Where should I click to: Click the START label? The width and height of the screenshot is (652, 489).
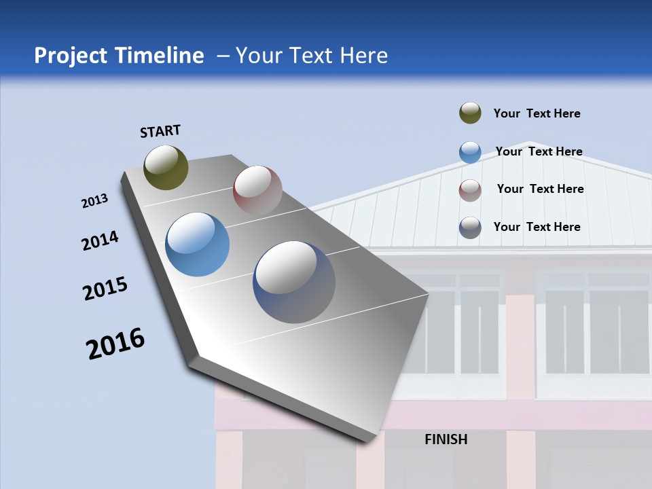[160, 130]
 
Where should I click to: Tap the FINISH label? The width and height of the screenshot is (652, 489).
[446, 439]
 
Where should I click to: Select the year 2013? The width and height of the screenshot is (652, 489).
[94, 201]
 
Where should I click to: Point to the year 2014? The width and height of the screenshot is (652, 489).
[100, 241]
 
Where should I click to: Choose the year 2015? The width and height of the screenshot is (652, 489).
[105, 289]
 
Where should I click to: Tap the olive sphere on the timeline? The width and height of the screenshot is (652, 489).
[166, 167]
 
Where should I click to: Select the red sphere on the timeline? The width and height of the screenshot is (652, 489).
[257, 189]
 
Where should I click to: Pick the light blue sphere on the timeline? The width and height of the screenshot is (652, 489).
[198, 244]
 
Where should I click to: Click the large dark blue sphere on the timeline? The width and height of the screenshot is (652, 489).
[294, 282]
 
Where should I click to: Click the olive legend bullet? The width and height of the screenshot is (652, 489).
[470, 113]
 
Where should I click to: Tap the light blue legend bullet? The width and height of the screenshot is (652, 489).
[470, 152]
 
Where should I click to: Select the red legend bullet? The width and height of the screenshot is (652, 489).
[470, 190]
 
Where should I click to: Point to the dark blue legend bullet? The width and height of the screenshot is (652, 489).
[470, 228]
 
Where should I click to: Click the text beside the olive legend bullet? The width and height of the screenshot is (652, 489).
[537, 113]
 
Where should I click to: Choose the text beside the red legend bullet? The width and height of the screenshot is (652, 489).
[540, 189]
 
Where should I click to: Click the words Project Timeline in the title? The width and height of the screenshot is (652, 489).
[119, 56]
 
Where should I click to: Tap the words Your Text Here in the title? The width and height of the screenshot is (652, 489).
[311, 56]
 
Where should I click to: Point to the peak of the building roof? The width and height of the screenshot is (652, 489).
[529, 143]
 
